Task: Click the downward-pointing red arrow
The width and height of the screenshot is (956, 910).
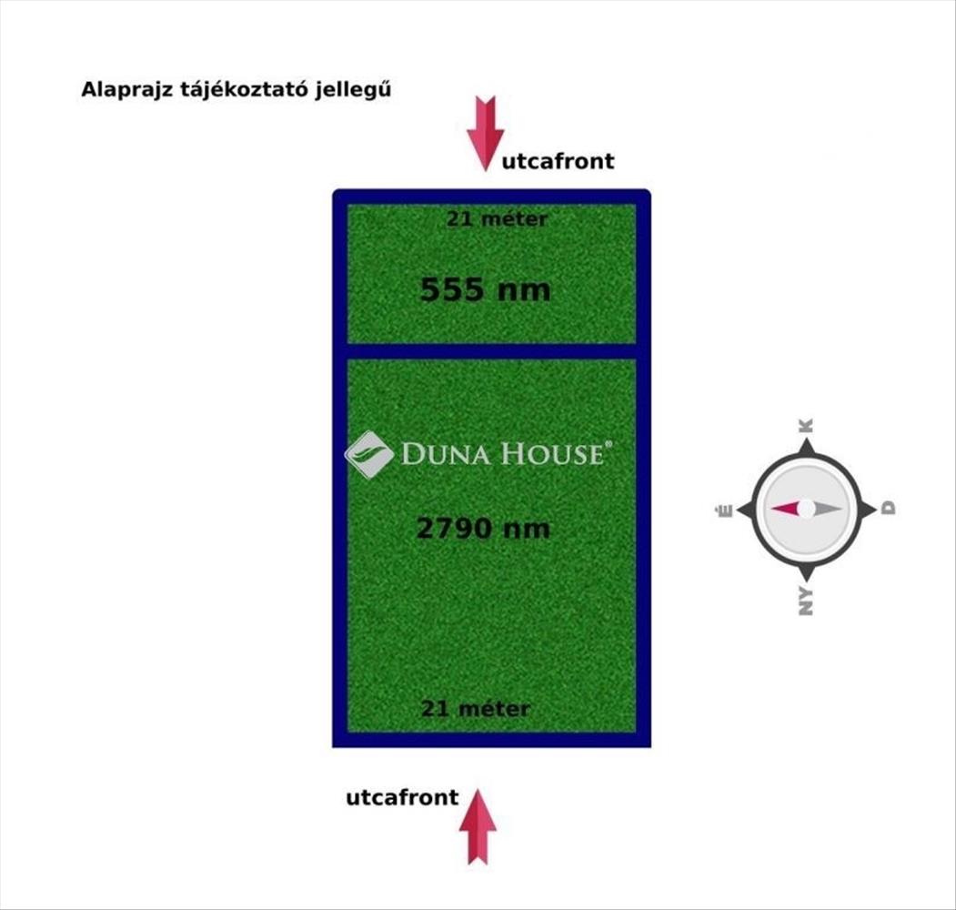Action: [486, 134]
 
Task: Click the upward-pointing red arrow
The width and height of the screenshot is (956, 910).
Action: [478, 826]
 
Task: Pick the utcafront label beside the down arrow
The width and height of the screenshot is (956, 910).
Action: [558, 161]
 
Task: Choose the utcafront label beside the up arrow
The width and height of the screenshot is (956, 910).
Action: [402, 797]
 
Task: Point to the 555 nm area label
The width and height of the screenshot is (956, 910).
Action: [486, 289]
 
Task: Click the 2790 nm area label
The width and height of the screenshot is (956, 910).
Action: [483, 528]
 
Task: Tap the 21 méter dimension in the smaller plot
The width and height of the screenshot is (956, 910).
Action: [497, 219]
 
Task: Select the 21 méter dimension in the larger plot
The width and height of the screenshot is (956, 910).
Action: [476, 709]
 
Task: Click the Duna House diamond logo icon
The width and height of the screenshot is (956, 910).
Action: [369, 454]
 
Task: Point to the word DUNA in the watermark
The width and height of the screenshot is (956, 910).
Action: [450, 454]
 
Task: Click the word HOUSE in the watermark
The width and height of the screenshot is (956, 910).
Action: [556, 454]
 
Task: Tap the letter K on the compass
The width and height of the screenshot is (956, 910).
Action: [806, 426]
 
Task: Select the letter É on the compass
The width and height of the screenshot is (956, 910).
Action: [725, 511]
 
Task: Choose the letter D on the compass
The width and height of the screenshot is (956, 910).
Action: [889, 508]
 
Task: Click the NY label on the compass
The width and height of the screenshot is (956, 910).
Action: [806, 602]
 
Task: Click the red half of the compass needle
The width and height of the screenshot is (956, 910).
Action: [786, 508]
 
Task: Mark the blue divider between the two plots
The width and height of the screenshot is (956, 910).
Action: [491, 351]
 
